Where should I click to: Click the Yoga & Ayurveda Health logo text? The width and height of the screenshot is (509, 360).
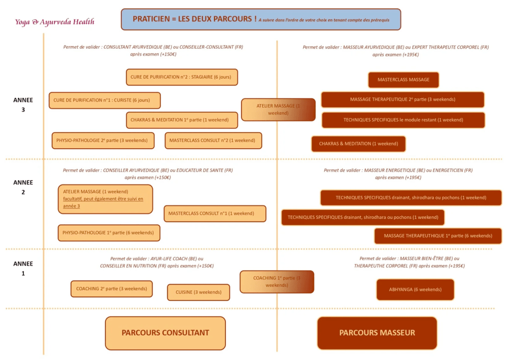pyautogui.click(x=55, y=22)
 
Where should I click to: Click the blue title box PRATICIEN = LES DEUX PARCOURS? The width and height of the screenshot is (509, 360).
pyautogui.click(x=261, y=19)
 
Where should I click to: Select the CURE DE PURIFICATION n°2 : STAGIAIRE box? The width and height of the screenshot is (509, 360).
pyautogui.click(x=182, y=77)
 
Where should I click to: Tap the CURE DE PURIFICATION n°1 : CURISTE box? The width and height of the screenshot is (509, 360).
pyautogui.click(x=104, y=100)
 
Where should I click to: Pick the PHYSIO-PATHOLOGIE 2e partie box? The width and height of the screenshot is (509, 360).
pyautogui.click(x=103, y=140)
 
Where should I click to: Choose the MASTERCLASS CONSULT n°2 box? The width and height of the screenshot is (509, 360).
pyautogui.click(x=213, y=140)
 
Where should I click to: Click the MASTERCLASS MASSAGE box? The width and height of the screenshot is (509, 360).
pyautogui.click(x=404, y=80)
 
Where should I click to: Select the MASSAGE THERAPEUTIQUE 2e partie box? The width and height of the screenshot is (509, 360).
pyautogui.click(x=403, y=99)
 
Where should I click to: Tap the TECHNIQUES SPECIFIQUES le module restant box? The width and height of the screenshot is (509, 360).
pyautogui.click(x=403, y=120)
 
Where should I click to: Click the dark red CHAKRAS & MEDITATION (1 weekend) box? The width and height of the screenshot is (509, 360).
pyautogui.click(x=358, y=144)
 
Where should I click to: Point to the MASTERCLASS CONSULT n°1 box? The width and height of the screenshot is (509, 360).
pyautogui.click(x=214, y=213)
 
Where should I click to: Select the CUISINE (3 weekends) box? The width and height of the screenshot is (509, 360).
pyautogui.click(x=199, y=292)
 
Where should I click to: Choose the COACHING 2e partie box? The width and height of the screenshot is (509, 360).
pyautogui.click(x=111, y=288)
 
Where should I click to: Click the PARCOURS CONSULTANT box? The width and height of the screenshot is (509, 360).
pyautogui.click(x=165, y=333)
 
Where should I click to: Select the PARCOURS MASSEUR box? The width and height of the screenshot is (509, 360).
pyautogui.click(x=377, y=333)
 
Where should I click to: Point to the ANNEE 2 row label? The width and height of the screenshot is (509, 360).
pyautogui.click(x=23, y=187)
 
